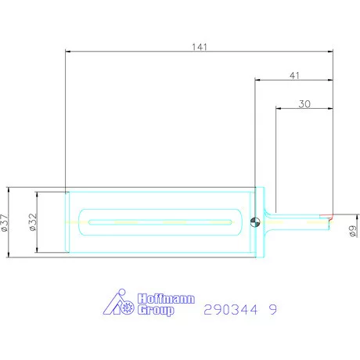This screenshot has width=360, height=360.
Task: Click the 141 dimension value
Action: click(x=200, y=47)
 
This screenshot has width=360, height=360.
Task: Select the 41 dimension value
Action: click(x=294, y=76)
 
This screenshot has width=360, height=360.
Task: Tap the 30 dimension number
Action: click(x=304, y=104)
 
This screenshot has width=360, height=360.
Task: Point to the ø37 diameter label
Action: click(x=5, y=223)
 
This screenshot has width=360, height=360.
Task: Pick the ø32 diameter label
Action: click(x=33, y=222)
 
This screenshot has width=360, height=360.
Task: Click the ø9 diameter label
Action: click(x=352, y=231)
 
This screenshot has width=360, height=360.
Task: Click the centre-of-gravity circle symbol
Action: click(x=255, y=222)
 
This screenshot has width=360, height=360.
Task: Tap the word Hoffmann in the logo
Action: click(x=166, y=298)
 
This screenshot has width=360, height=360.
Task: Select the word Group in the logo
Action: click(x=156, y=310)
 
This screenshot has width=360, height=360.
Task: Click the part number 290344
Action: click(x=231, y=310)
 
